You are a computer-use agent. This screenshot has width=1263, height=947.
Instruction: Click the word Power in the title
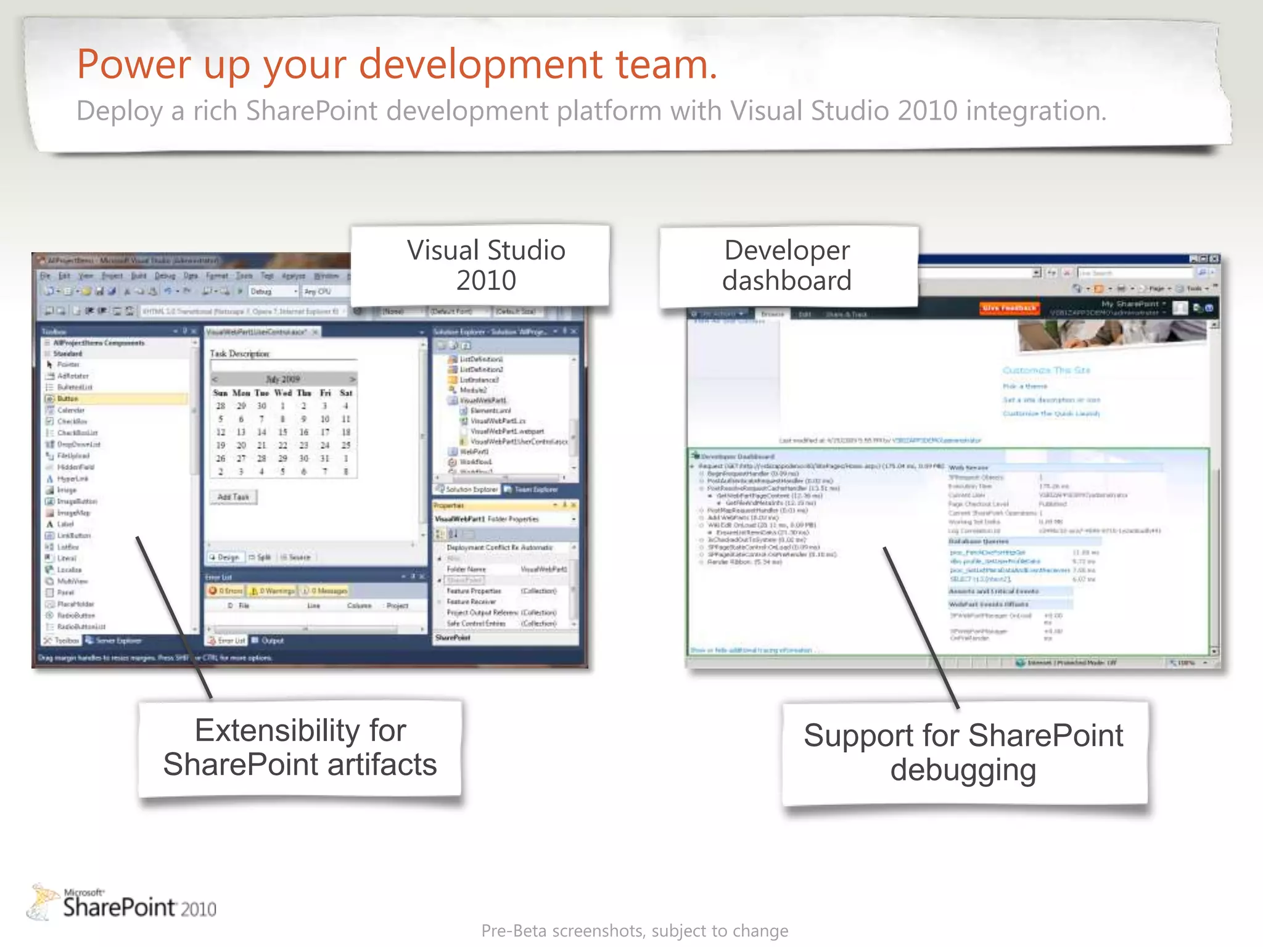(x=134, y=64)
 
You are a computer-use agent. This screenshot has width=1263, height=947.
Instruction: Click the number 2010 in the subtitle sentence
(x=927, y=111)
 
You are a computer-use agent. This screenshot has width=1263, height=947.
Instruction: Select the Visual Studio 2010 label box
(x=485, y=265)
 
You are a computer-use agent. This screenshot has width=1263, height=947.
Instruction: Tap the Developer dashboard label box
(x=787, y=265)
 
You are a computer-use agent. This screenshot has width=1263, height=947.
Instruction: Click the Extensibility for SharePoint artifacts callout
(x=300, y=747)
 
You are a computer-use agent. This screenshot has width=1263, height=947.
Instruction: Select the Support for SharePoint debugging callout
(x=963, y=752)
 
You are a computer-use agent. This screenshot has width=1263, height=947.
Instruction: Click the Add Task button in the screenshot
(x=233, y=497)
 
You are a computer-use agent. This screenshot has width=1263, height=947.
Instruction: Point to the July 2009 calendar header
(x=283, y=379)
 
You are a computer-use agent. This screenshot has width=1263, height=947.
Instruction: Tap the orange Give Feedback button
(x=1010, y=308)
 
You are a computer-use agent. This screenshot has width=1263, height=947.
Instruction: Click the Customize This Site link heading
(x=1046, y=370)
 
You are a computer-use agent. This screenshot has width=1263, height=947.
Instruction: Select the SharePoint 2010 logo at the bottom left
(x=123, y=903)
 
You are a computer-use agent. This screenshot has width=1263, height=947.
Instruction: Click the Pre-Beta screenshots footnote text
(x=634, y=930)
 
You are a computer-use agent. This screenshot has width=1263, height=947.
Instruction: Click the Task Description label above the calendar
(x=239, y=353)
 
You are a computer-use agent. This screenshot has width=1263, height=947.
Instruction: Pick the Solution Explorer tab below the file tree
(x=467, y=489)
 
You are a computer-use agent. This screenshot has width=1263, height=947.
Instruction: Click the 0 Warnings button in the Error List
(x=272, y=591)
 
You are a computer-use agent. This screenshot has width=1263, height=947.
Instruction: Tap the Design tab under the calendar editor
(x=224, y=557)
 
